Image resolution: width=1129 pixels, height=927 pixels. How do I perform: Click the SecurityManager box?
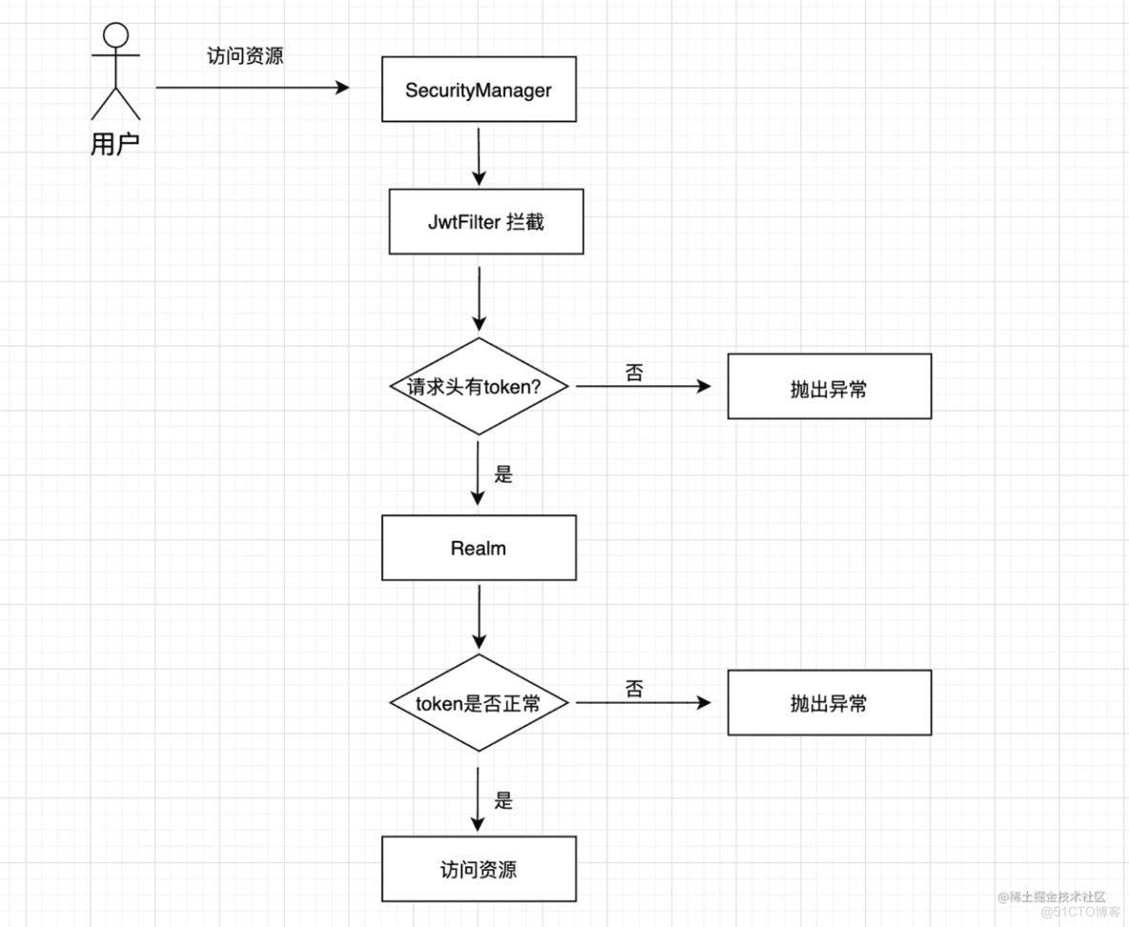479,91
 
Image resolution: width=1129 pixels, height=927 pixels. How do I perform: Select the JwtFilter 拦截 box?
486,222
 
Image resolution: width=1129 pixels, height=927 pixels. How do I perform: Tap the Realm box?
479,548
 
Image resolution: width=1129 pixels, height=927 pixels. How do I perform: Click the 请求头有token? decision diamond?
479,386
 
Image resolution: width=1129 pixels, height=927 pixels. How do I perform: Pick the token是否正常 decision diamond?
479,703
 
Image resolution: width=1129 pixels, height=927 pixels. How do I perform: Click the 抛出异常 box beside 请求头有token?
829,386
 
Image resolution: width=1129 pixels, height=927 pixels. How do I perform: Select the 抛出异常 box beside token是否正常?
829,703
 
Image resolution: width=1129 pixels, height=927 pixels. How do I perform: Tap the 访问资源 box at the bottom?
479,869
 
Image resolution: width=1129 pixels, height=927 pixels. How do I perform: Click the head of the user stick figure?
115,35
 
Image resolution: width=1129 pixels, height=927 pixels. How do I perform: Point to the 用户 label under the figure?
115,145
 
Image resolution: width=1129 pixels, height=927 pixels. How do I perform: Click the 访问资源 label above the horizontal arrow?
245,56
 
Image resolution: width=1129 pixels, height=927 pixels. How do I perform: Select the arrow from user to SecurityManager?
253,88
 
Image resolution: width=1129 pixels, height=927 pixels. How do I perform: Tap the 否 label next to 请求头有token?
634,372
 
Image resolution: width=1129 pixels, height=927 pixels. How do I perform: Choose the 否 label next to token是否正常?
634,689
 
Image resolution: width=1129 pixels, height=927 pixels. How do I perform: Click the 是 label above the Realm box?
503,474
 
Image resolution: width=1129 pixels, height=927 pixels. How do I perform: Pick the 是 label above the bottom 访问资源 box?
503,800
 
